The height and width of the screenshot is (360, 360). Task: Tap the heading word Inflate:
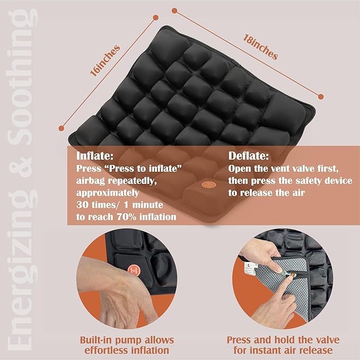(95, 156)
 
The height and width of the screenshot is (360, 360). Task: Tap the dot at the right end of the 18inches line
(321, 96)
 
